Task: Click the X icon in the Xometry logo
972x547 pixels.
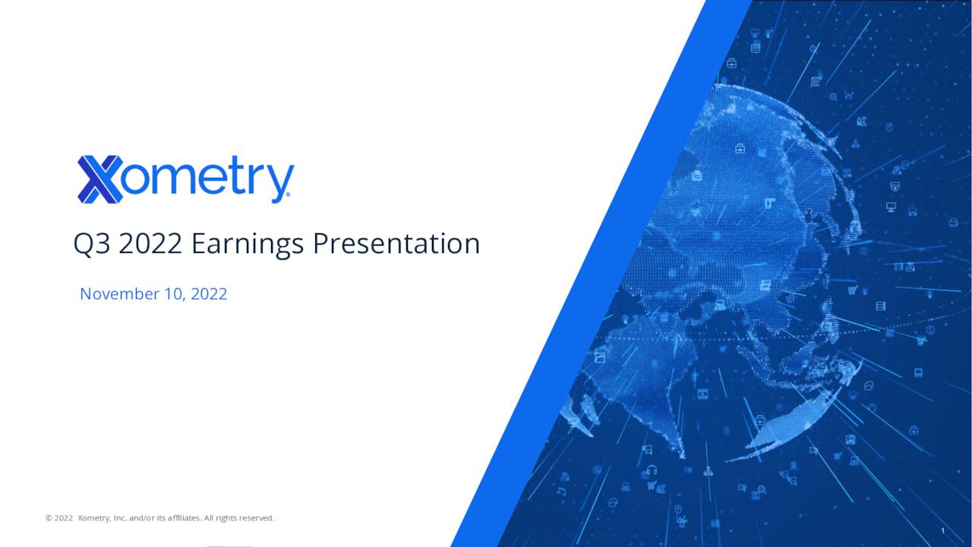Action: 99,179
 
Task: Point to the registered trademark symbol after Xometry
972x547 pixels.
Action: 286,198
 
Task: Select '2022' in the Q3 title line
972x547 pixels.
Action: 150,244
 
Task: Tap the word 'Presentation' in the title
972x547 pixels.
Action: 396,244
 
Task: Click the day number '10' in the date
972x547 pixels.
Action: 173,294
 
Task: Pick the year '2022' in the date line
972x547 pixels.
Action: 209,294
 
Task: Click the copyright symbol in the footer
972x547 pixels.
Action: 49,518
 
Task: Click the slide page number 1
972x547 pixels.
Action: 942,530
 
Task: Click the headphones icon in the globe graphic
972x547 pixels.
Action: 651,470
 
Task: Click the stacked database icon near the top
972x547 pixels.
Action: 756,47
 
